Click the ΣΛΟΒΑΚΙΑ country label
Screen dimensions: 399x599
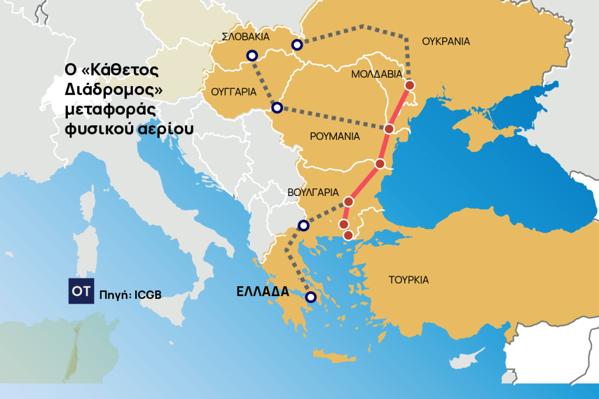click(246, 36)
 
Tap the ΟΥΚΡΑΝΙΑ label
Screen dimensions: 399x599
click(445, 42)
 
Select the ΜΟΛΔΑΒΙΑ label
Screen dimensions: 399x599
click(377, 74)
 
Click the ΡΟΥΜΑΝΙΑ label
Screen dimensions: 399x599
click(334, 136)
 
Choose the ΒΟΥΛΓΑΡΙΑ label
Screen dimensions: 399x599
click(314, 192)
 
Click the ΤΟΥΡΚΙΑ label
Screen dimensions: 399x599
click(408, 280)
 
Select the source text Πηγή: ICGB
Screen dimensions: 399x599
click(130, 294)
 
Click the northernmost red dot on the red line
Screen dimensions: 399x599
click(409, 85)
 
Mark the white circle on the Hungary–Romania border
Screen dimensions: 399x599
click(277, 108)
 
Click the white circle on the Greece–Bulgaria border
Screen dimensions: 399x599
click(303, 225)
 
